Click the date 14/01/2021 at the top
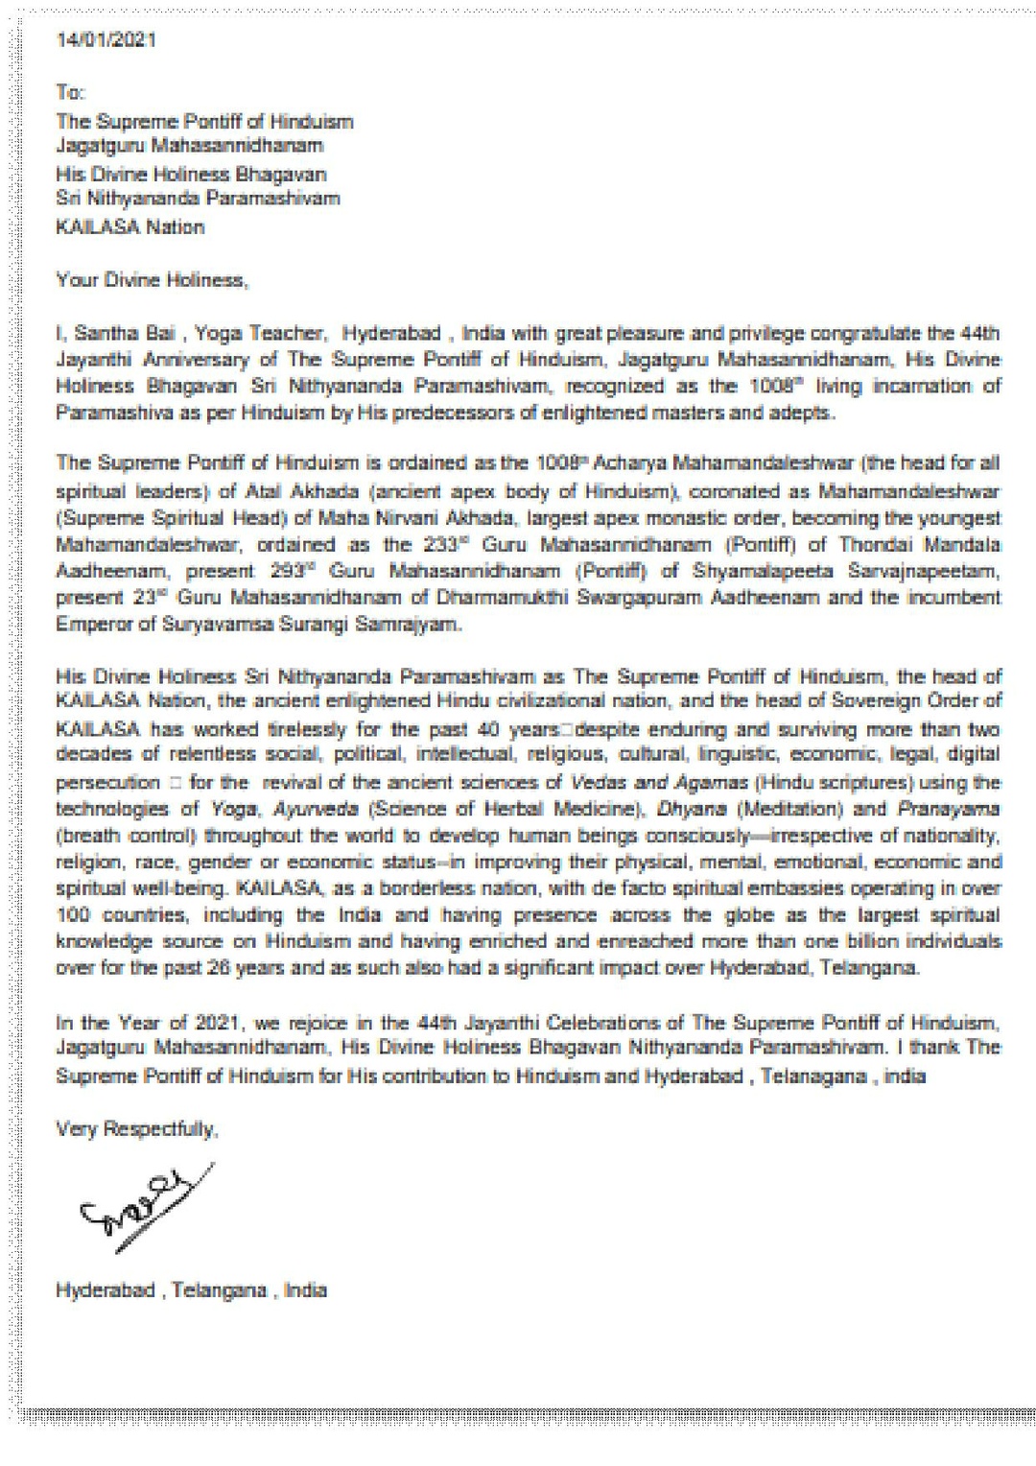pyautogui.click(x=106, y=40)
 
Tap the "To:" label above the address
pyautogui.click(x=70, y=93)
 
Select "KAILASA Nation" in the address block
pyautogui.click(x=130, y=227)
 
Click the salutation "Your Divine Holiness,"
pyautogui.click(x=152, y=281)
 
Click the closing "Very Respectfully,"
pyautogui.click(x=137, y=1129)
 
